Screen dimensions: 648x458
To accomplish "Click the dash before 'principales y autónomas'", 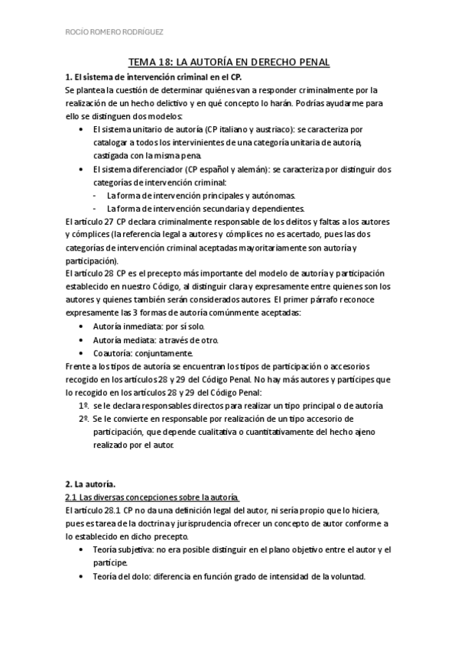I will [x=94, y=196].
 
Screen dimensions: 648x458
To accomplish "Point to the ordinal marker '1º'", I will [x=83, y=406].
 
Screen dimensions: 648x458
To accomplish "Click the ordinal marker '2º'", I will [x=83, y=420].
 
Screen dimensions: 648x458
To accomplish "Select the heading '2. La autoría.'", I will [x=91, y=484].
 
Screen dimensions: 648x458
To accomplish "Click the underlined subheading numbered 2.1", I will [x=152, y=497].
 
